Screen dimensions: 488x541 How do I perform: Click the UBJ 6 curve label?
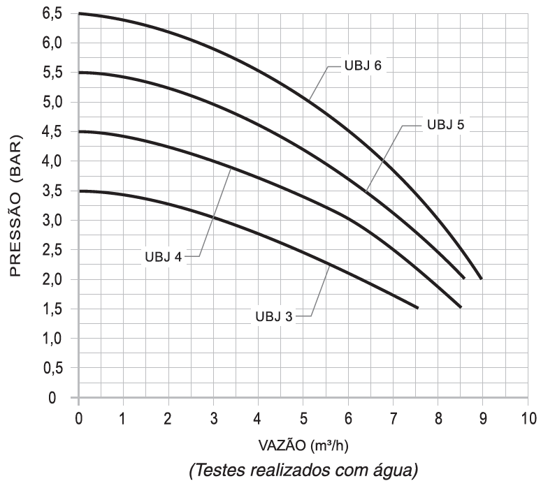(362, 67)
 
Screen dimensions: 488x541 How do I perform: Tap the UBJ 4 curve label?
(164, 256)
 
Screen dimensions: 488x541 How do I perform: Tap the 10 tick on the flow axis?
(528, 420)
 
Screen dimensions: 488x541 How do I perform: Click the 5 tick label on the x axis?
(303, 420)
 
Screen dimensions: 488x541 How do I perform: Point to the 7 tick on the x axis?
(394, 420)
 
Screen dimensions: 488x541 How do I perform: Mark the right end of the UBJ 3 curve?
(417, 307)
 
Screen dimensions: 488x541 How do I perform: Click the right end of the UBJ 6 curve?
(481, 278)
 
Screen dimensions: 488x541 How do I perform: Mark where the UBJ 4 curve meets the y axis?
(79, 132)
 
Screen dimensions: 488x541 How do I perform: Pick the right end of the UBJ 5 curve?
(464, 278)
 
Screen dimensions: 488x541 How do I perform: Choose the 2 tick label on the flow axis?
(168, 420)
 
